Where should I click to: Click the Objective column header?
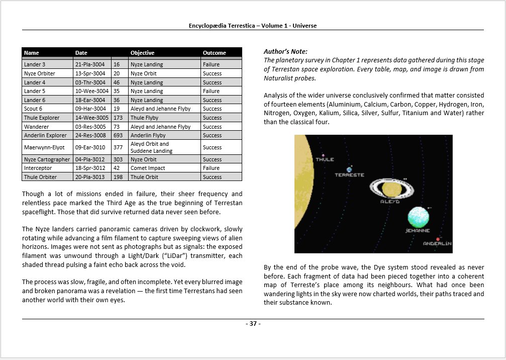(x=143, y=53)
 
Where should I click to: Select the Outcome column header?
(x=215, y=53)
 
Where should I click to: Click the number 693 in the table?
(x=118, y=135)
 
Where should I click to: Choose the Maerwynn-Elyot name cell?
(x=45, y=147)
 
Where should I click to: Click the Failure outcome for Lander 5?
(x=212, y=91)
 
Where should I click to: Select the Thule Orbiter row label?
(x=41, y=177)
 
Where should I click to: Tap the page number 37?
(x=253, y=324)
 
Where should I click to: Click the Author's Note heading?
(x=285, y=51)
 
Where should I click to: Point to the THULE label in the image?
(x=325, y=160)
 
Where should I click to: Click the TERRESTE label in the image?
(x=349, y=175)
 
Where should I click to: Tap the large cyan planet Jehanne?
(x=419, y=217)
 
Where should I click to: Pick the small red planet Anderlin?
(x=438, y=238)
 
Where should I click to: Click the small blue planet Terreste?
(x=349, y=169)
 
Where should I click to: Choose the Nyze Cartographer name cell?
(x=47, y=159)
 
